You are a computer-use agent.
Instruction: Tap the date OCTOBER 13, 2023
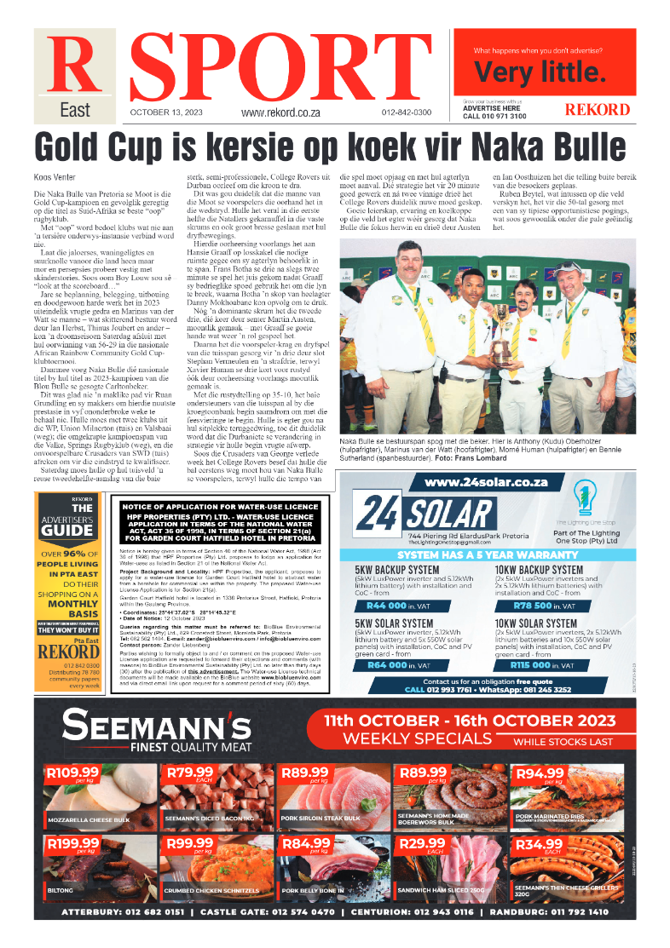coord(166,112)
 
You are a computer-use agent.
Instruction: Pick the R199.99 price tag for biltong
coord(73,844)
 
